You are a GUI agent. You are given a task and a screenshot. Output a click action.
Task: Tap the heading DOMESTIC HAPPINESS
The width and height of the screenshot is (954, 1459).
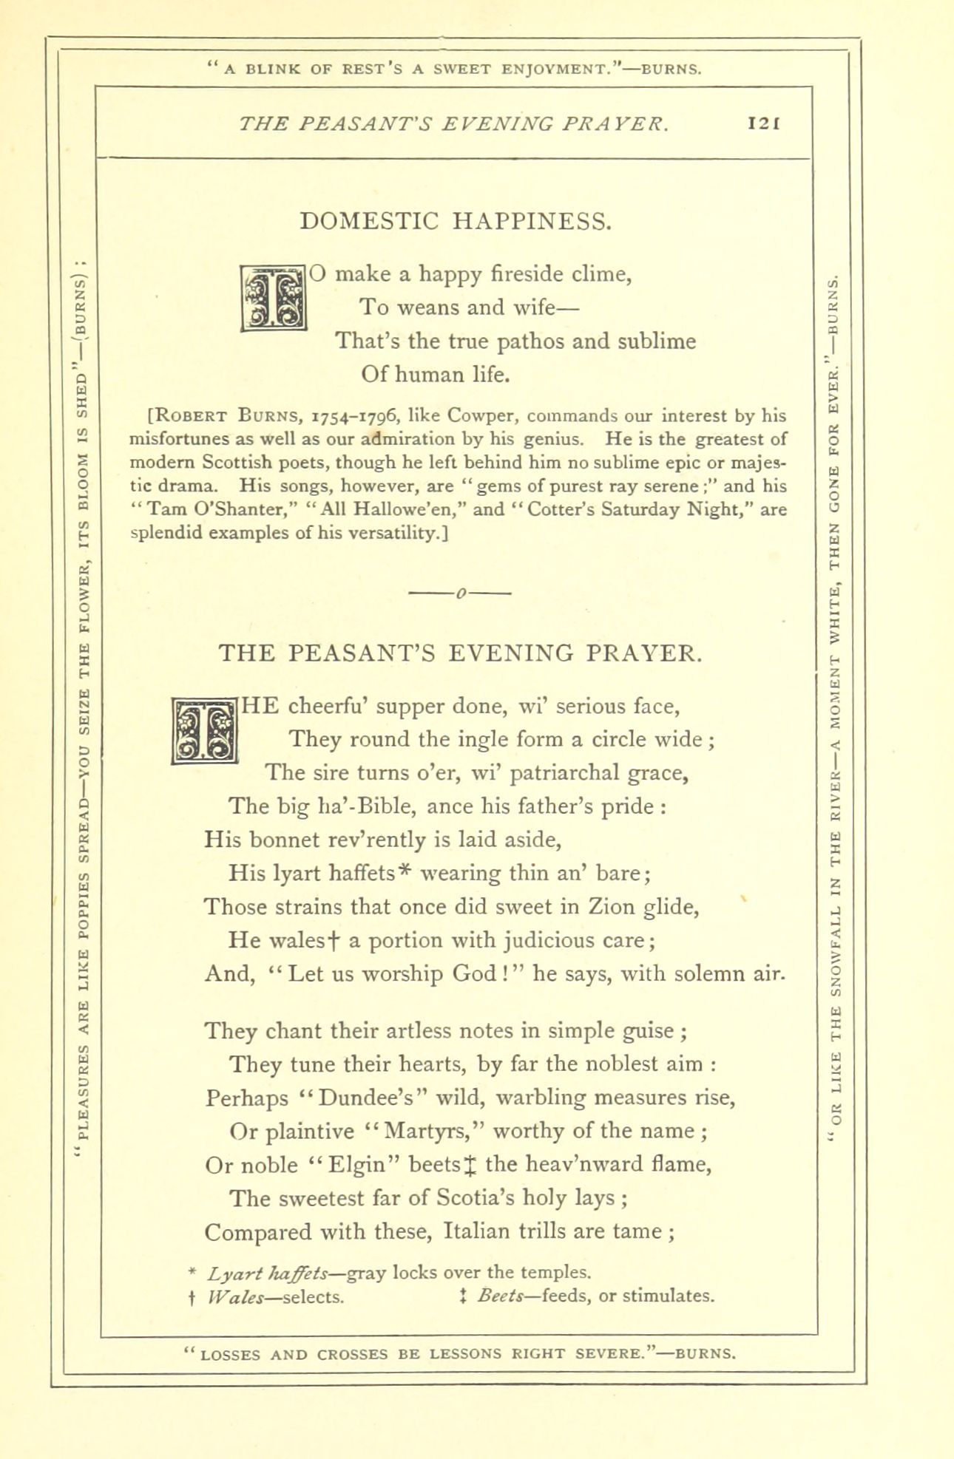click(x=456, y=221)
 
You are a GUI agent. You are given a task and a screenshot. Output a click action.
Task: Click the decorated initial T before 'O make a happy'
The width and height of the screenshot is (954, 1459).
click(x=274, y=299)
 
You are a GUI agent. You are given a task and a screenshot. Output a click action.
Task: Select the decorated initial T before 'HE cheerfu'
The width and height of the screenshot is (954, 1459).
click(x=203, y=731)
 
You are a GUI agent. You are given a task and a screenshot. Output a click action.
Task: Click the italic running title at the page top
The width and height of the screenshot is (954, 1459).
click(x=454, y=124)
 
